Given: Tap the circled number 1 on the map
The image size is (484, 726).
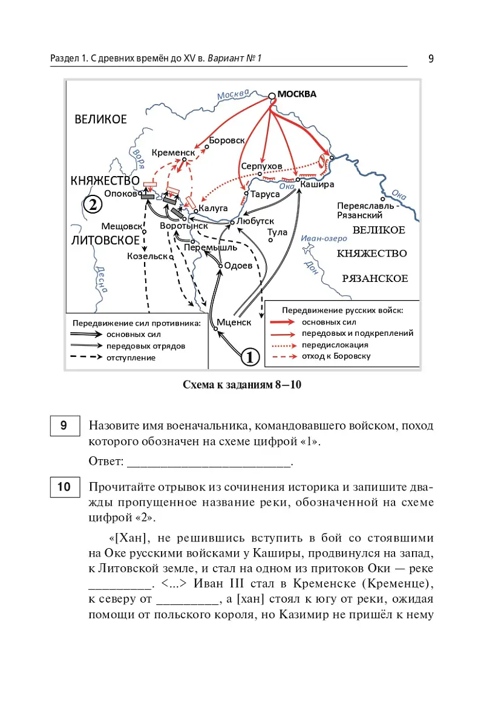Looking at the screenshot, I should point(250,356).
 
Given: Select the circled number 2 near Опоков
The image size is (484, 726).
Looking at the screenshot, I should point(91,204).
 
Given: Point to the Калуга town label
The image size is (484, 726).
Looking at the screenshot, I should point(213,208).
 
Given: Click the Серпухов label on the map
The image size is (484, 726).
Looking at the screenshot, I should point(261,166).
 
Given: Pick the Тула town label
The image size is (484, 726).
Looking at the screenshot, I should point(277,232).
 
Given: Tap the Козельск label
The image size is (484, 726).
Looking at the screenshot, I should point(147,256).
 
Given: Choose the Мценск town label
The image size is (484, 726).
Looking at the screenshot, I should point(234,322).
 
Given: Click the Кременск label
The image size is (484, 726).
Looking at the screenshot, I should point(173,153).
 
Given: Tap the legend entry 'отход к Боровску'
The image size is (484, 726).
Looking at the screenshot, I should point(336,356).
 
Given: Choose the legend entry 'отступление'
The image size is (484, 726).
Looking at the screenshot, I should point(131,358).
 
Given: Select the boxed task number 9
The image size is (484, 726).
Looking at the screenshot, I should point(64,425).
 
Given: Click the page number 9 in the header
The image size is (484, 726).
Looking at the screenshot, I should point(430,59).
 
